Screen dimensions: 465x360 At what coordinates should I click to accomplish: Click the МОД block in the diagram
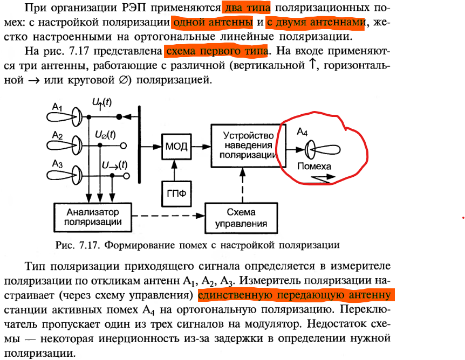[x=176, y=147]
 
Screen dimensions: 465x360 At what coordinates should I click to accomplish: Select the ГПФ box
[x=176, y=194]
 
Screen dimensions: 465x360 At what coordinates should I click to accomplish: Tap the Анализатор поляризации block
[x=93, y=217]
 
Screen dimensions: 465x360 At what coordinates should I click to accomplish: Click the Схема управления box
[x=241, y=218]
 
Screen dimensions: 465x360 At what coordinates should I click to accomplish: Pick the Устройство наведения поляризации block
[x=249, y=146]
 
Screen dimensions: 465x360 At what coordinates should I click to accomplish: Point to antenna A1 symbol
[x=64, y=117]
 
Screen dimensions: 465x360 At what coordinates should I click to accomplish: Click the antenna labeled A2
[x=64, y=146]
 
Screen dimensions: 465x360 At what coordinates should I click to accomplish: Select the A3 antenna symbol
[x=64, y=175]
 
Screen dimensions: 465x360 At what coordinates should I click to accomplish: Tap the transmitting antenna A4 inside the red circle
[x=323, y=150]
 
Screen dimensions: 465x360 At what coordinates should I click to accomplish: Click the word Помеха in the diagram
[x=314, y=166]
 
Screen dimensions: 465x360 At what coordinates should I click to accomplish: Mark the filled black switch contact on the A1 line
[x=119, y=117]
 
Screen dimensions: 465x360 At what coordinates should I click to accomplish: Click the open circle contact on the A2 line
[x=124, y=146]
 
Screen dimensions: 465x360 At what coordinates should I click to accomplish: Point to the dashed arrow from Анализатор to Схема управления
[x=168, y=216]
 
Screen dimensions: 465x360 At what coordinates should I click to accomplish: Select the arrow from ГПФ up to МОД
[x=174, y=170]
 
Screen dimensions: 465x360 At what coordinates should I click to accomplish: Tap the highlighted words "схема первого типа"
[x=217, y=51]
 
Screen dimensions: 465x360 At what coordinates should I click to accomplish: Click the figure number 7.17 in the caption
[x=88, y=245]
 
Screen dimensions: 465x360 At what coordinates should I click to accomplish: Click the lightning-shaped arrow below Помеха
[x=323, y=178]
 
